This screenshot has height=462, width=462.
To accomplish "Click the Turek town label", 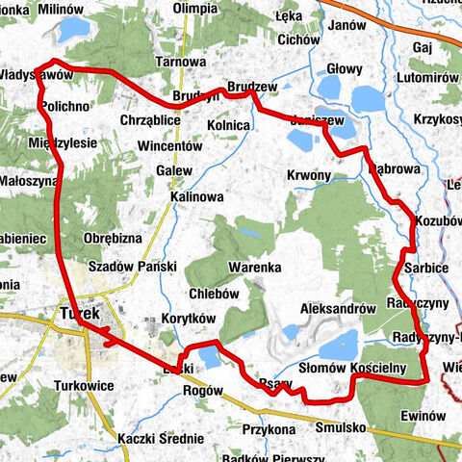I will [79, 314].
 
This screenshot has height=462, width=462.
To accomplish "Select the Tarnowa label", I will [182, 62].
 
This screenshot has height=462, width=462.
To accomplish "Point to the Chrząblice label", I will [151, 120].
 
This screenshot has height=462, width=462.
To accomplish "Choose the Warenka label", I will [254, 267].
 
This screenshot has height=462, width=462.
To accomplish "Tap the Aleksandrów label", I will [337, 308].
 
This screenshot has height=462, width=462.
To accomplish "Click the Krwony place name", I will [308, 175].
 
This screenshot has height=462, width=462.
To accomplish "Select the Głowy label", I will [345, 69].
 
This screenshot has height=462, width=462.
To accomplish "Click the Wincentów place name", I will [169, 147].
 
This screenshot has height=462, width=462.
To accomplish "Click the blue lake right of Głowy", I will [369, 98].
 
